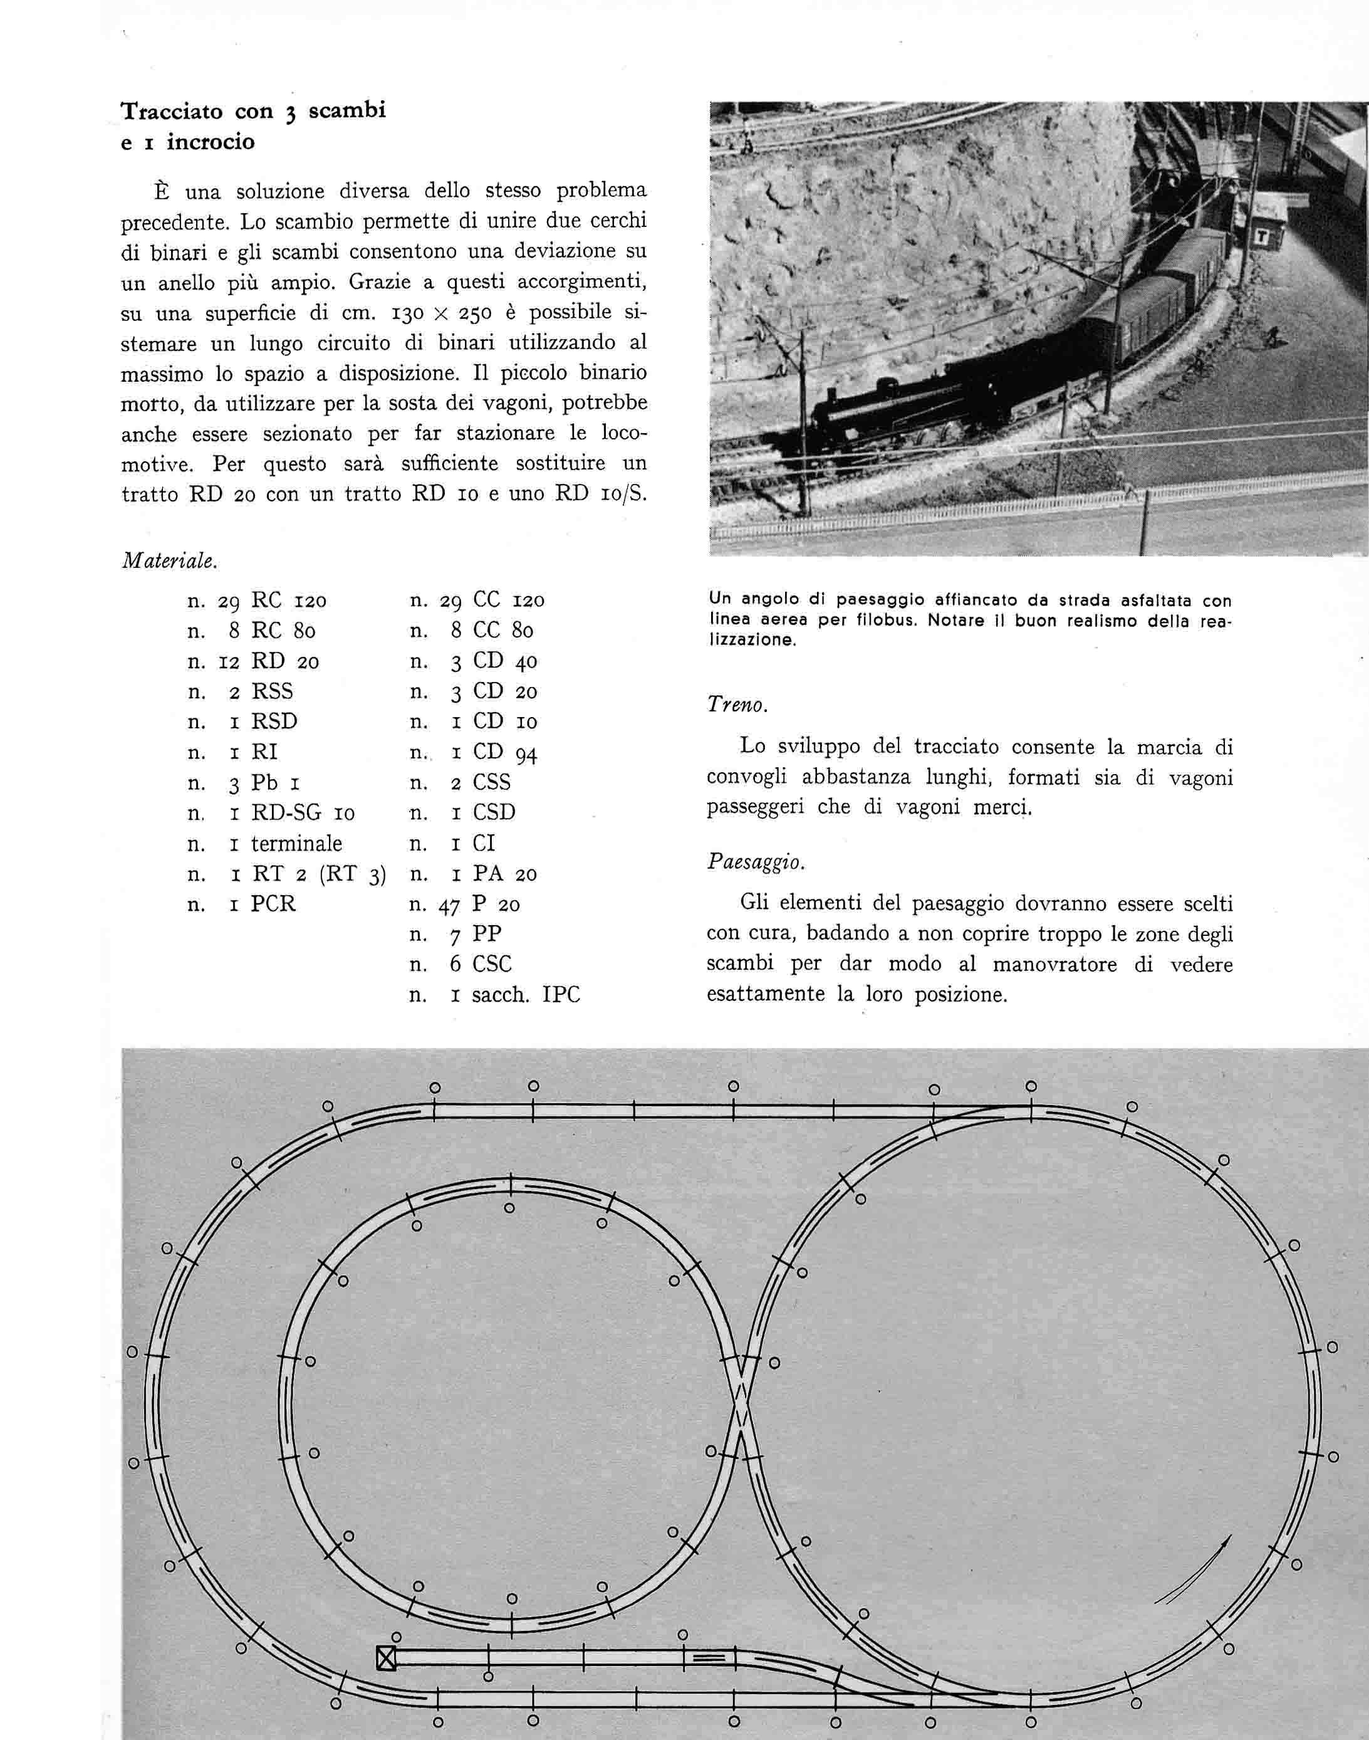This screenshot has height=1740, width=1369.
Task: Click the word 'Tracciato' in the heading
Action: [x=170, y=111]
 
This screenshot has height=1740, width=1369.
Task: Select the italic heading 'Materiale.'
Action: [x=169, y=560]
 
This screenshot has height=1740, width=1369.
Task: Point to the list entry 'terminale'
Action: [x=296, y=844]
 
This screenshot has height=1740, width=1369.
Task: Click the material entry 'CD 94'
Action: [x=504, y=752]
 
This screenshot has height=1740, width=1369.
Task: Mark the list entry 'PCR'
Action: [x=273, y=904]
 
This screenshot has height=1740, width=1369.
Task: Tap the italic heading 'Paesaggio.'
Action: [x=755, y=862]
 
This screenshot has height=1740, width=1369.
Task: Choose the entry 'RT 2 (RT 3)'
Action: [x=318, y=874]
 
